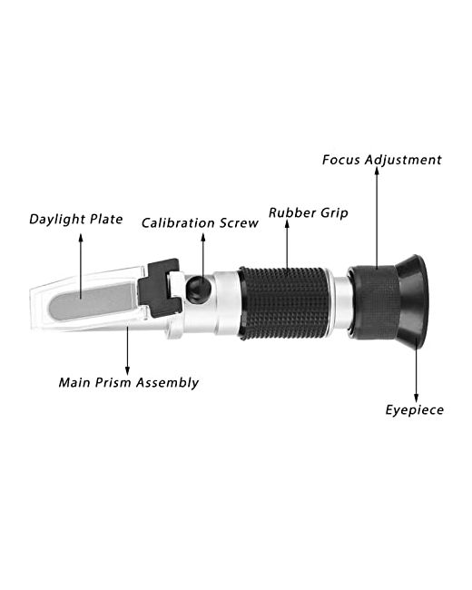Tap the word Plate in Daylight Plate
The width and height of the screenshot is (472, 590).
coord(107,219)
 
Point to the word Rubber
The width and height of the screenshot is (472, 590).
coord(291,212)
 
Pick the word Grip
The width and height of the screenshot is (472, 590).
coord(335,213)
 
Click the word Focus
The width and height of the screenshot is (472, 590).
coord(341,160)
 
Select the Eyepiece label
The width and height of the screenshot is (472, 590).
coord(415,409)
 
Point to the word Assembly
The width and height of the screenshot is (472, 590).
coord(167,383)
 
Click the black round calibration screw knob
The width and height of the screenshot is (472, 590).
coord(199,289)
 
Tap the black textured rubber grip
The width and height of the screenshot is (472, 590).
coord(285,303)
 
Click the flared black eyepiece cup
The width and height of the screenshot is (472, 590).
coord(412,302)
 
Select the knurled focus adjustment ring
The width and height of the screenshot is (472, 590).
coord(373,302)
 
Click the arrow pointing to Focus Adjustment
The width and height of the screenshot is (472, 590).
coord(377,218)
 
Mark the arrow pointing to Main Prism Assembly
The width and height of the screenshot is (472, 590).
coord(127,350)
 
